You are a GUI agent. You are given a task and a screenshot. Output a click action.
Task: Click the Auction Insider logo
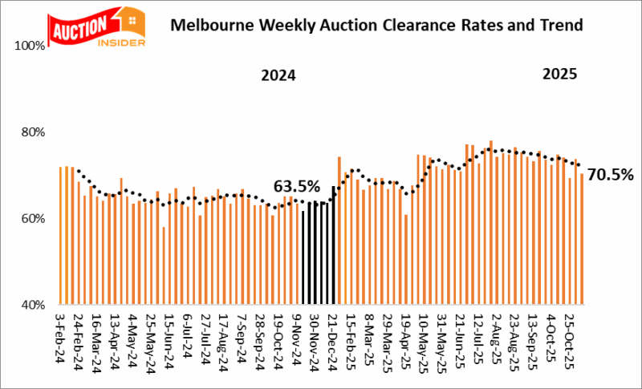click(96, 26)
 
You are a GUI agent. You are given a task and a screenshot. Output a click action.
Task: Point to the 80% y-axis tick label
click(34, 132)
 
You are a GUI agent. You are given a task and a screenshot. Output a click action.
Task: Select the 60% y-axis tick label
click(34, 218)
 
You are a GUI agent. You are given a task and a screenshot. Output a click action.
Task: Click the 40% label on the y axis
click(34, 305)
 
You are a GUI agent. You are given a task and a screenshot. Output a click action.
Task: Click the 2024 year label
click(278, 77)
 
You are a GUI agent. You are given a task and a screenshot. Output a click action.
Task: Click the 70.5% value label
click(612, 174)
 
